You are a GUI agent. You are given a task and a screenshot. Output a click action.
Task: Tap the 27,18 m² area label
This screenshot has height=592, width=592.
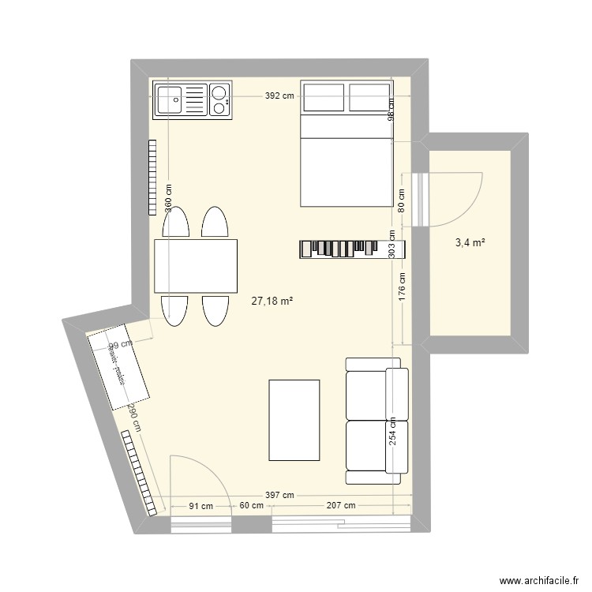272,301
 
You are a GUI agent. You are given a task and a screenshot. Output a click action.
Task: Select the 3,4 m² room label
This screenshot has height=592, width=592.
470,242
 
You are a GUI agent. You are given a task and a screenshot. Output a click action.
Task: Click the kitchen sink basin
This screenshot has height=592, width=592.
169,100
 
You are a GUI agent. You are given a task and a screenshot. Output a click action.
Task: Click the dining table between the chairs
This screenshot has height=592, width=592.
196,266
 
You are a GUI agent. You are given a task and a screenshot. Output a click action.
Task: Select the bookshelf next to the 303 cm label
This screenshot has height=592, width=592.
343,249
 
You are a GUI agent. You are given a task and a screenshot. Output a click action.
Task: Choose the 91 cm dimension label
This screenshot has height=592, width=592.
200,506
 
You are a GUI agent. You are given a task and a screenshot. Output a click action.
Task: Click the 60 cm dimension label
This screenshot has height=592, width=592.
251,506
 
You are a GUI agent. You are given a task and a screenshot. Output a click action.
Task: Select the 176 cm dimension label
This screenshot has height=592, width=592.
402,287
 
